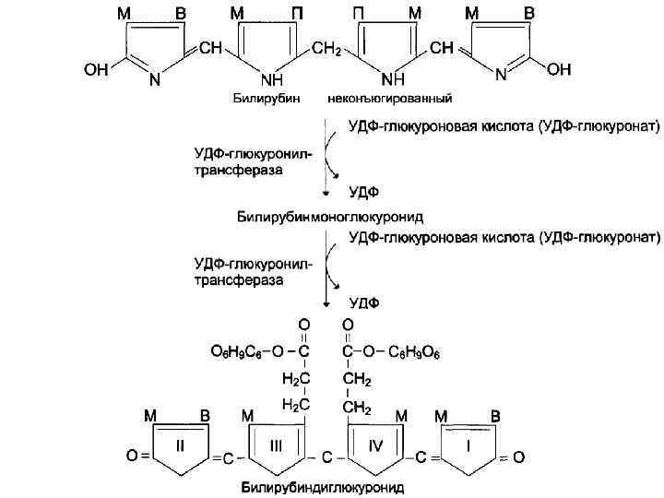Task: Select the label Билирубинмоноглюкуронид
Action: (x=326, y=216)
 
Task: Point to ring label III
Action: (x=276, y=445)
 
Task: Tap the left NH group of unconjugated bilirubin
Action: (x=271, y=79)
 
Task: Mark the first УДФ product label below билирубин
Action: (x=362, y=192)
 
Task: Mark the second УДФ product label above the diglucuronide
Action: (x=362, y=302)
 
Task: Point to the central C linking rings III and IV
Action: (x=326, y=456)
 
